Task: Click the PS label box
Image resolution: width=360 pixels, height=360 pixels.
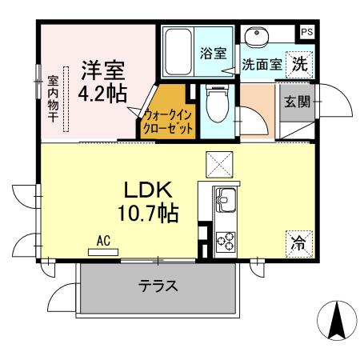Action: (307, 32)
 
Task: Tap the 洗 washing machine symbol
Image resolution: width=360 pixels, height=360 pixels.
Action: (299, 63)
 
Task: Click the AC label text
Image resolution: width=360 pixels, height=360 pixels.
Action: (102, 239)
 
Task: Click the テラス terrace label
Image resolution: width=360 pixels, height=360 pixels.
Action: (157, 286)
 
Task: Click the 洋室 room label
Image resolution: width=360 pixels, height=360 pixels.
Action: (102, 69)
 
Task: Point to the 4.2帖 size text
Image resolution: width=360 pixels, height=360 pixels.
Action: (102, 93)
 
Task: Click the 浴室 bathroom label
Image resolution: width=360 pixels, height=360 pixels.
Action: (213, 53)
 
